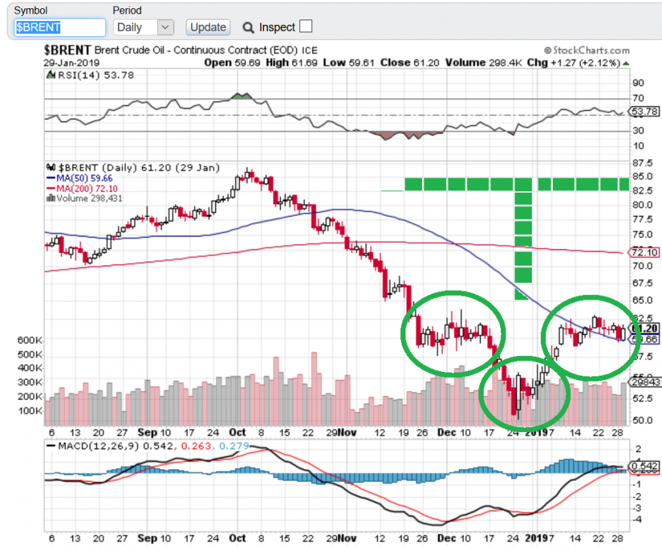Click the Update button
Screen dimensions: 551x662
(208, 27)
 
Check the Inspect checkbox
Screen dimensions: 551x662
(305, 26)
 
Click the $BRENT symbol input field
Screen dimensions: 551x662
(60, 27)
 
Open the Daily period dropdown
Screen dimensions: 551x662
(144, 27)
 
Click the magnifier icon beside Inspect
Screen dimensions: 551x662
(248, 27)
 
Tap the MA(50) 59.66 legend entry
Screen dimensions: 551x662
(80, 178)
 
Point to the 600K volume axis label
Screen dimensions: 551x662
(30, 340)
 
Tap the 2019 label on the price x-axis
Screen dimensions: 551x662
(536, 432)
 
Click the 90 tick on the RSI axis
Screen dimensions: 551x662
(638, 83)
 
